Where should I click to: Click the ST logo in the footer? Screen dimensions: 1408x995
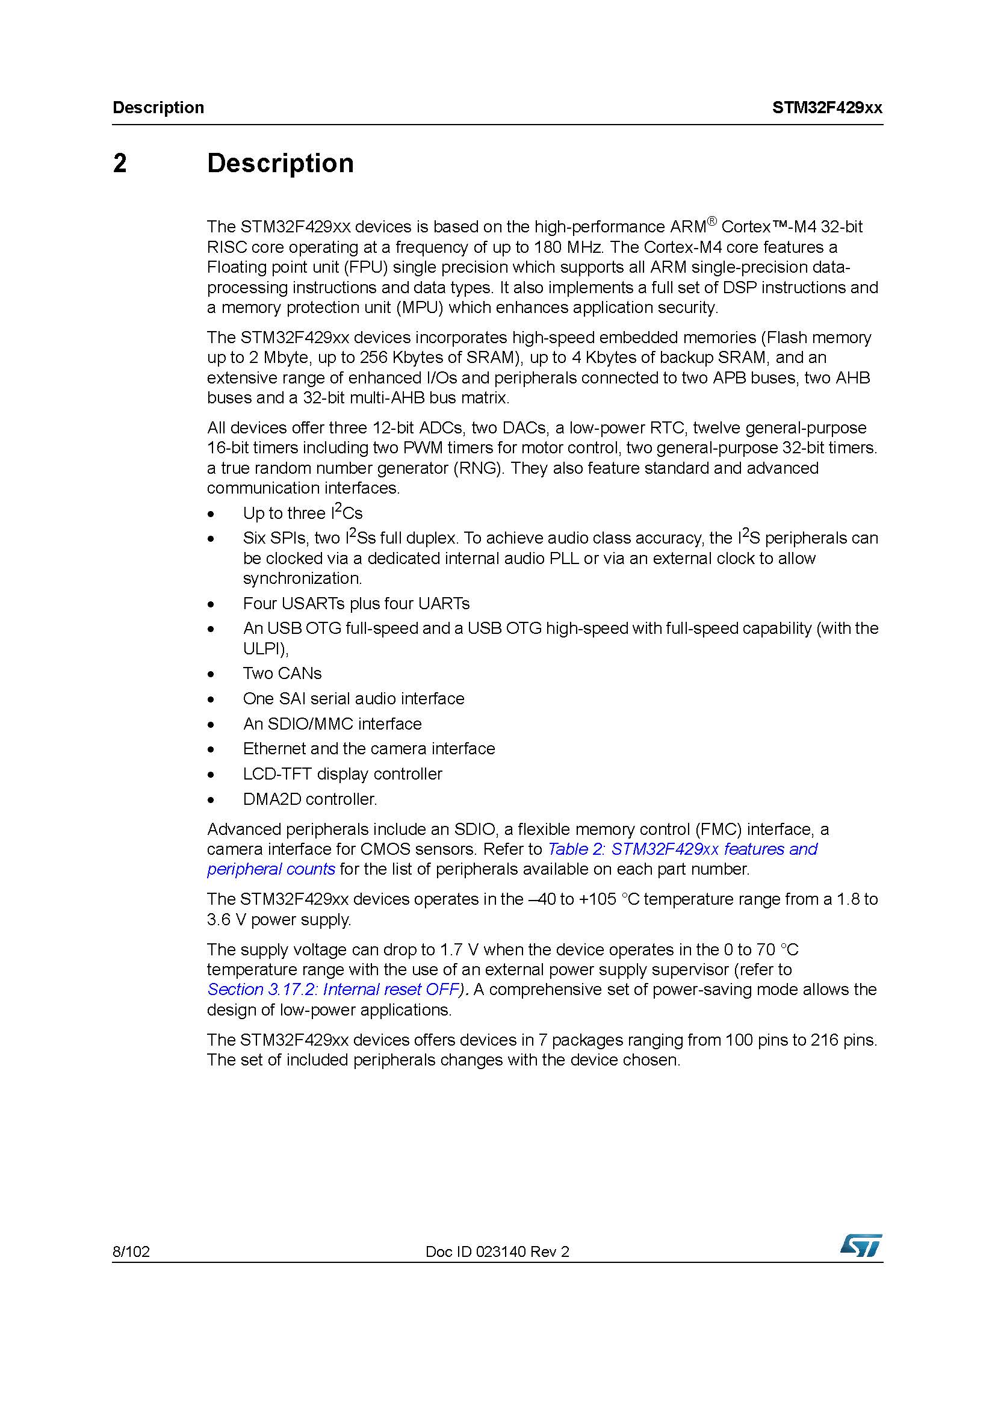(861, 1245)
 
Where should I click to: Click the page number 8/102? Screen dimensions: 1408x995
(131, 1251)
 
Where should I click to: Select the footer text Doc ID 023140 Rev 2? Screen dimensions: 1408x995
(497, 1251)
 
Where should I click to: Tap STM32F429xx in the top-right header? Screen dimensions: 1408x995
(827, 108)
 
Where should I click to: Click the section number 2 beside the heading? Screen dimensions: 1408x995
(120, 164)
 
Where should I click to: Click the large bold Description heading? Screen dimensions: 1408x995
(280, 164)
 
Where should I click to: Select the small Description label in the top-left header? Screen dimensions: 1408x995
(158, 108)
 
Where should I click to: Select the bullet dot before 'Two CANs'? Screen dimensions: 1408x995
(211, 675)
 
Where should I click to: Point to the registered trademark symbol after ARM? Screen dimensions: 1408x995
(711, 222)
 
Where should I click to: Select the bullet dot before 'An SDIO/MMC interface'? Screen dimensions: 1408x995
(211, 725)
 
